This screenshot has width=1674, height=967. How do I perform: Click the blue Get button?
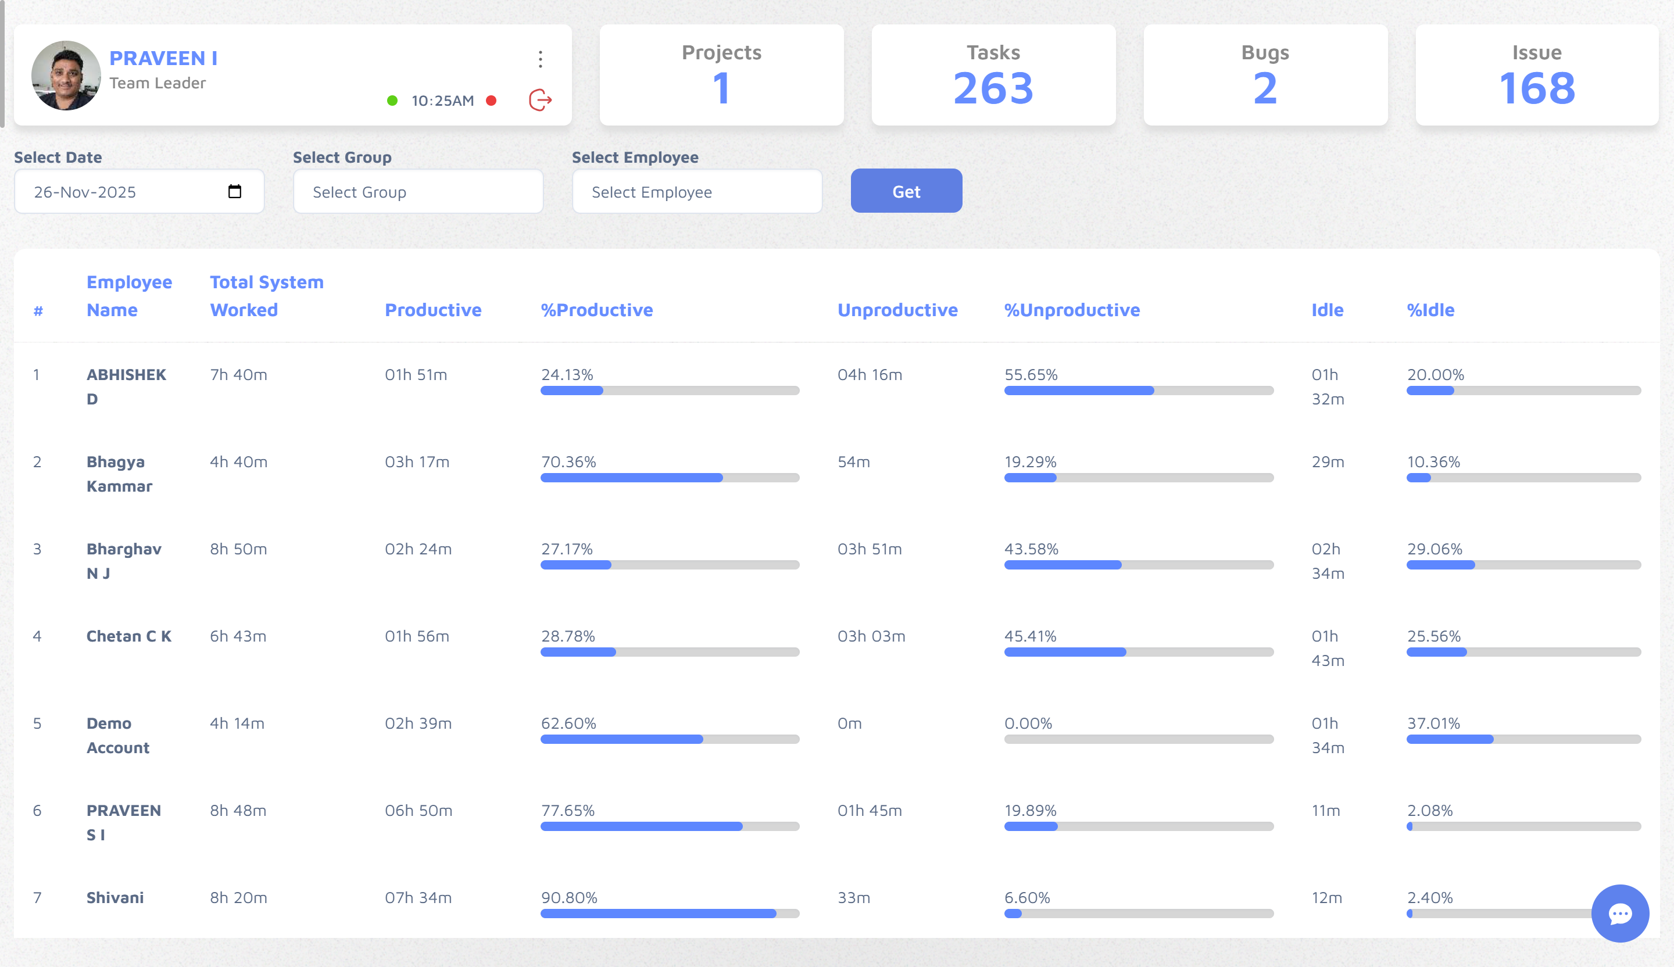click(906, 191)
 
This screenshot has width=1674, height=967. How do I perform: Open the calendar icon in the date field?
click(234, 191)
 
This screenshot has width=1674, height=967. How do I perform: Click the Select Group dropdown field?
click(418, 191)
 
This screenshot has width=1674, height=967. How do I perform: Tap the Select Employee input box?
click(697, 191)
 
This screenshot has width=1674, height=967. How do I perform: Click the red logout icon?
click(540, 101)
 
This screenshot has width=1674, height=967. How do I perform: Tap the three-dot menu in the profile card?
click(541, 59)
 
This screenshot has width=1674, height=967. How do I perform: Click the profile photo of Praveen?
click(66, 76)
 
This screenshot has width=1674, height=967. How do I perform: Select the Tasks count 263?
click(993, 88)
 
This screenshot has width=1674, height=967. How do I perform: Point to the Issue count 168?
click(1536, 88)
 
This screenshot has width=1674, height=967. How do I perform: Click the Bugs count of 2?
click(1265, 88)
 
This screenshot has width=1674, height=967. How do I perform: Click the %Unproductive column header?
click(1071, 310)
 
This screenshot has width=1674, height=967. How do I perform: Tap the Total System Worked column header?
click(266, 296)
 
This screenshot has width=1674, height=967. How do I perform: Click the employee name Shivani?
click(115, 897)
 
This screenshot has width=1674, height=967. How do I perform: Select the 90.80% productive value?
click(569, 897)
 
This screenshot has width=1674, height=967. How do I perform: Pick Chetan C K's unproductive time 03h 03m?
click(871, 636)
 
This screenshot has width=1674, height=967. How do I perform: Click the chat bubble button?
click(1619, 913)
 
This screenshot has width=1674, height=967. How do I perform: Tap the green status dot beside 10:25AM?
click(392, 101)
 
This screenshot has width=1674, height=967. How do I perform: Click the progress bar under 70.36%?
click(670, 478)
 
